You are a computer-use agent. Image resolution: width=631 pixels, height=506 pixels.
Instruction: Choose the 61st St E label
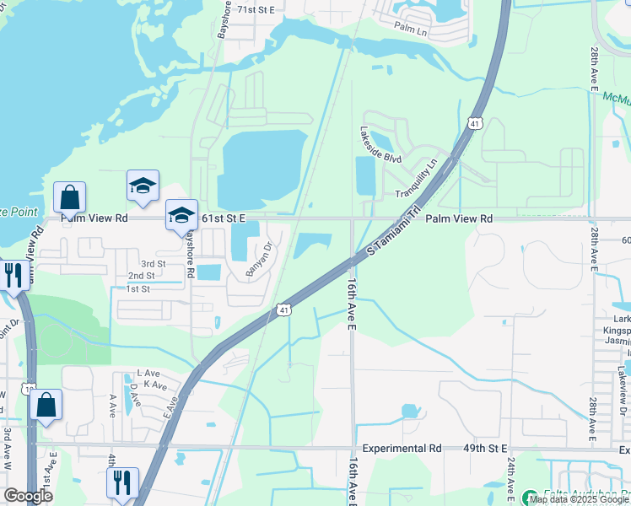(x=224, y=218)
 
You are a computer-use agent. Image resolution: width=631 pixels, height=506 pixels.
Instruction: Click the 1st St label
(x=138, y=289)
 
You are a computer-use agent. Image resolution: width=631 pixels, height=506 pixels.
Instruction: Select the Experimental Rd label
(x=402, y=449)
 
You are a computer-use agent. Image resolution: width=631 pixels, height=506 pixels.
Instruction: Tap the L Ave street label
(x=148, y=374)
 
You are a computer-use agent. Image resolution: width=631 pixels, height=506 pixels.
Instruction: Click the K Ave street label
(x=154, y=385)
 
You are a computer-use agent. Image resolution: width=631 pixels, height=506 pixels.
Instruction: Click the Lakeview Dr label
(x=623, y=372)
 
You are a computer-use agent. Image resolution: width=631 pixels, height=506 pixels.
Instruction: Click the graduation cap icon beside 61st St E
(x=181, y=216)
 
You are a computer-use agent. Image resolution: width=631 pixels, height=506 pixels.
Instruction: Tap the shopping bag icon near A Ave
(x=46, y=406)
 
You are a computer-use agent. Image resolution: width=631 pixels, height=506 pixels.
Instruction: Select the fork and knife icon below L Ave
(x=122, y=482)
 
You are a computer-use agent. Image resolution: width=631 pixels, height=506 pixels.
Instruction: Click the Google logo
(x=28, y=496)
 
